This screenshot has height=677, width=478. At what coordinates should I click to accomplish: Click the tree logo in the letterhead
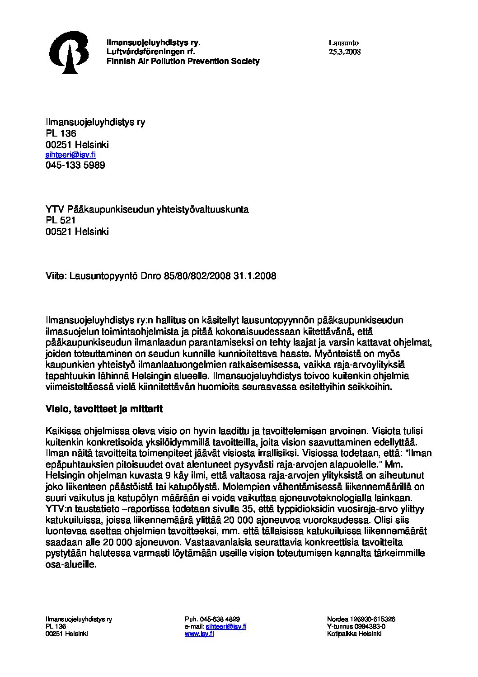tap(69, 52)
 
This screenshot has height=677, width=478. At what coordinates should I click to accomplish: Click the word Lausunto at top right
tap(343, 43)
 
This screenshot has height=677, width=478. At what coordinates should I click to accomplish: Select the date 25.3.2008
tap(345, 52)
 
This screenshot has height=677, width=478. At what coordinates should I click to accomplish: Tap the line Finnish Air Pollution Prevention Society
tap(183, 61)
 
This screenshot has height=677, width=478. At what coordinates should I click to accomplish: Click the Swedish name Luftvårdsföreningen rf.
tap(150, 52)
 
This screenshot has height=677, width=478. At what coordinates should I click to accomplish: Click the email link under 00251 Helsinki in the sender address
tap(70, 155)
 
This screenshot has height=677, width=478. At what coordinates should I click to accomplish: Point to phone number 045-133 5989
tap(75, 165)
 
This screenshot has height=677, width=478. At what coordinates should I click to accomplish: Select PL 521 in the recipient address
tap(61, 220)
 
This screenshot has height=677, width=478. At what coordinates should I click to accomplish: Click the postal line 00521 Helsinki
tap(77, 232)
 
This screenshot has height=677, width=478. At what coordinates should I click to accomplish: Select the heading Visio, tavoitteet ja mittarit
tap(104, 409)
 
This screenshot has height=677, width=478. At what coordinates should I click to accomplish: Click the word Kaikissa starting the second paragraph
tap(62, 431)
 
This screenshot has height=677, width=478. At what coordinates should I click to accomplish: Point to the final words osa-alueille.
tap(71, 564)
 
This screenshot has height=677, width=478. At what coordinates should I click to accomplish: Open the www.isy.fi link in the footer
tap(199, 634)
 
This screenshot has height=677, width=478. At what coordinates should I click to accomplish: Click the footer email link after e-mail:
tap(226, 626)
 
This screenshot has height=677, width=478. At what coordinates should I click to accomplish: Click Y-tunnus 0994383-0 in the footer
tap(356, 626)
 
